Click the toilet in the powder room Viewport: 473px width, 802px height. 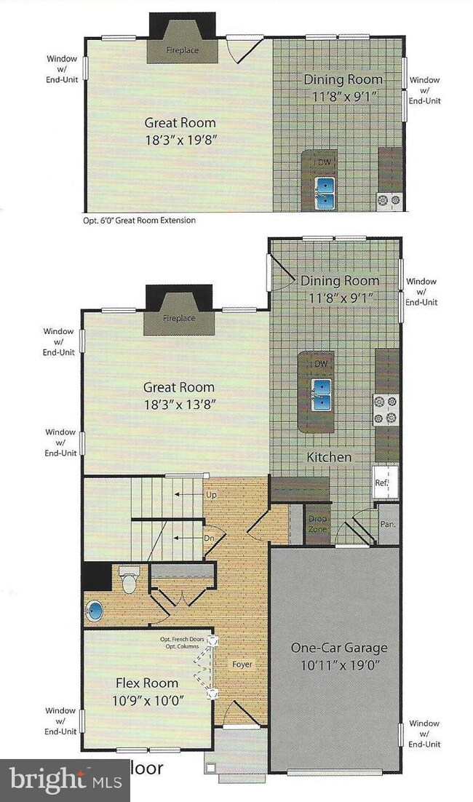129,580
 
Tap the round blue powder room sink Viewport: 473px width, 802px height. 96,609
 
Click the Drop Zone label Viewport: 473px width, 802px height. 317,523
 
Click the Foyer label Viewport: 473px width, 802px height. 242,664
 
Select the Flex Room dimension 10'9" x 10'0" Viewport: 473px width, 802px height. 147,700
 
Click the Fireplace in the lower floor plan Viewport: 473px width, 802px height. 179,319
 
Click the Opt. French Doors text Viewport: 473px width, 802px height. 185,639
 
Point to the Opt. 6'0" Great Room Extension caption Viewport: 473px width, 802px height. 139,220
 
